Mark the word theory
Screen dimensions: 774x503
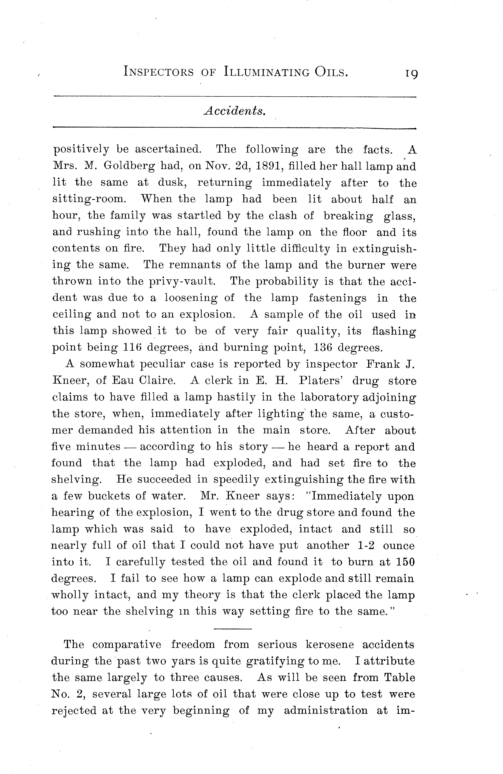pos(202,595)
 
